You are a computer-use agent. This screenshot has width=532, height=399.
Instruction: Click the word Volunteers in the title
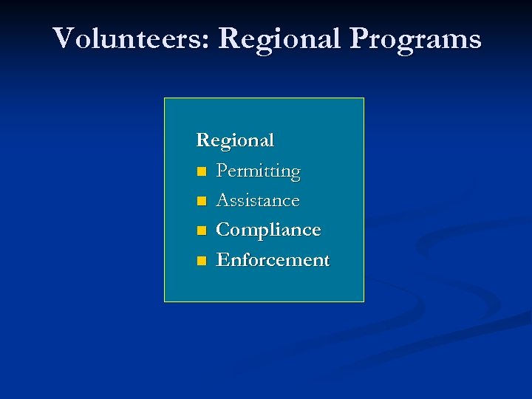[x=131, y=38]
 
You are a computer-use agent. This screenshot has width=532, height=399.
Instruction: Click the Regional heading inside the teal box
[x=235, y=140]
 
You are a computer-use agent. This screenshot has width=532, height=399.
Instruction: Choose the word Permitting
[x=258, y=171]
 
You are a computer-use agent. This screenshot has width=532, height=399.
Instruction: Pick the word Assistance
[x=257, y=200]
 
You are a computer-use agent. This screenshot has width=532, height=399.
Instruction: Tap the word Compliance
[x=267, y=231]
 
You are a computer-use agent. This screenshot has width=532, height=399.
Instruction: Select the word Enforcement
[x=272, y=260]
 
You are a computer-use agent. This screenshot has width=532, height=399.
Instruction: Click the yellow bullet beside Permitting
[x=201, y=172]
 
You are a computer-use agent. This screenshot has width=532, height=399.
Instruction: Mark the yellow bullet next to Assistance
[x=201, y=202]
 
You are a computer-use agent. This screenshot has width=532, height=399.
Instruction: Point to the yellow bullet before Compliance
[x=201, y=231]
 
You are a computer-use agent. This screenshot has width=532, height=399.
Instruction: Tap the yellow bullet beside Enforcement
[x=201, y=261]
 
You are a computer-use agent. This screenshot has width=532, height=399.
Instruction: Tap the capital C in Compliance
[x=222, y=230]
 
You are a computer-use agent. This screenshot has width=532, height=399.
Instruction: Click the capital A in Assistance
[x=222, y=200]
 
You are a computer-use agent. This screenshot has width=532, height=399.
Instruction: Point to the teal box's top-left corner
[x=164, y=98]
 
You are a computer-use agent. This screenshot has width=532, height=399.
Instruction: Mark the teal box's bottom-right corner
[x=364, y=301]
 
